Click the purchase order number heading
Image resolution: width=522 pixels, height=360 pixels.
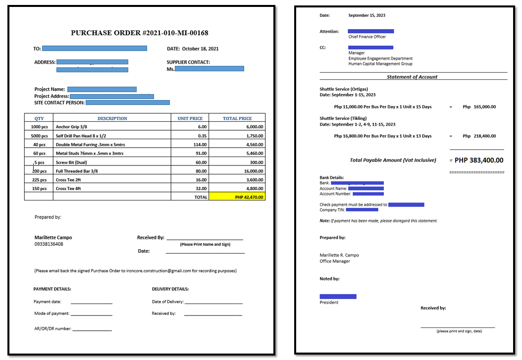pos(139,33)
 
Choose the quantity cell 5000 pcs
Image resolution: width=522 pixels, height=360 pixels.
pos(39,136)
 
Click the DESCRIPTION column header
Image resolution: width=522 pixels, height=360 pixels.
pos(112,118)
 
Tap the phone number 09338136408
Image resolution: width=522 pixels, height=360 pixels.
pos(49,244)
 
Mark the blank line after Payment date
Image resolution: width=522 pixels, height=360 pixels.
pos(91,303)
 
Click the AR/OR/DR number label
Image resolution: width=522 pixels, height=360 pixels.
pos(52,328)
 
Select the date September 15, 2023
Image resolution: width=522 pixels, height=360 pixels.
pos(366,15)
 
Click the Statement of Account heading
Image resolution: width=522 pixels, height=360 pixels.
pos(412,77)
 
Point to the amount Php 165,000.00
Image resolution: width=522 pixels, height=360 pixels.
pos(479,106)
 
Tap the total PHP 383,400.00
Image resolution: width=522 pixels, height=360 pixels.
pos(479,160)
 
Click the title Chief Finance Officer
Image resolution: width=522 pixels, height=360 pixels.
pos(367,37)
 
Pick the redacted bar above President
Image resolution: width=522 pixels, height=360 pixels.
pos(338,296)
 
